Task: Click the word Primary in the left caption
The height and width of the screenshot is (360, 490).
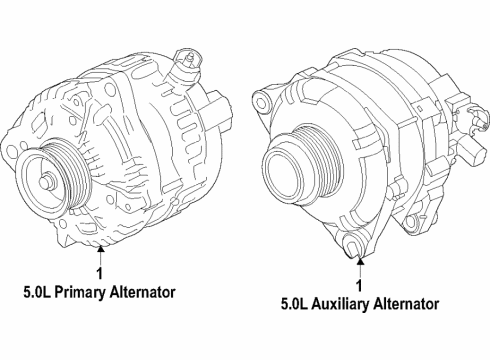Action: [x=79, y=292]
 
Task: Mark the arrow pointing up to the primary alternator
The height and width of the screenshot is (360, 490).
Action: [x=100, y=251]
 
